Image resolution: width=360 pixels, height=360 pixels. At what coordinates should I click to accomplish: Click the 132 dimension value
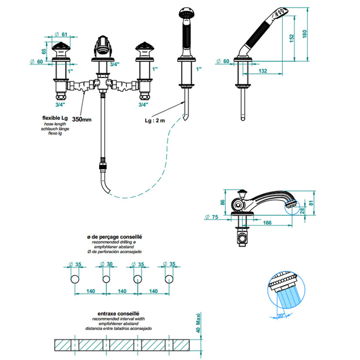[263, 71]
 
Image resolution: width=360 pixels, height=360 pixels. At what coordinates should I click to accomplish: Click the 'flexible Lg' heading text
[54, 118]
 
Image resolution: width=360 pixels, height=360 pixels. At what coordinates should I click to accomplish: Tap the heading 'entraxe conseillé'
[114, 314]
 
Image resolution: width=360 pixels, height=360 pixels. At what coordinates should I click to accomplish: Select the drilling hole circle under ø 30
[106, 279]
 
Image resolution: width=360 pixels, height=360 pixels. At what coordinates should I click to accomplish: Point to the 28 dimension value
[302, 210]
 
